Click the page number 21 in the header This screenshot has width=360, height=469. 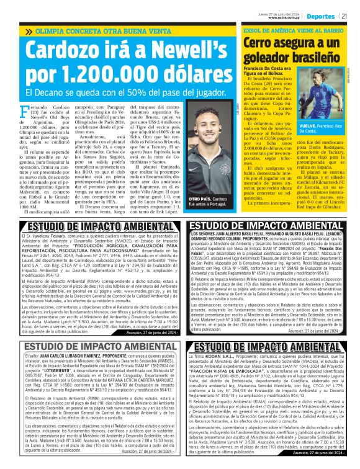[x=344, y=16]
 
